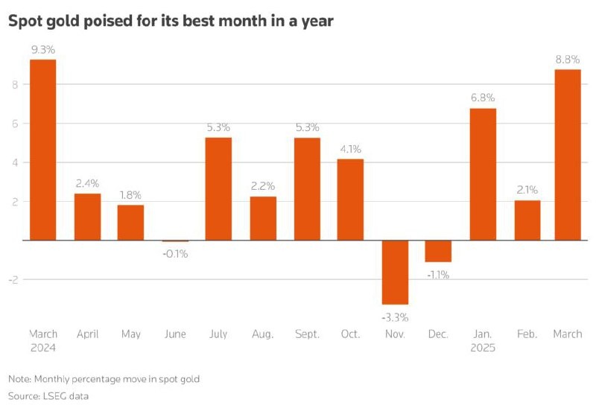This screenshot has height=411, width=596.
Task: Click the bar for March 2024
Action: click(43, 149)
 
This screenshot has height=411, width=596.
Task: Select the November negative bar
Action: click(395, 272)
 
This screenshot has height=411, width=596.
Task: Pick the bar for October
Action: click(351, 199)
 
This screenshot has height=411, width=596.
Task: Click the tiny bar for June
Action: click(175, 240)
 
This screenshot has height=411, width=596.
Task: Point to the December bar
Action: click(439, 251)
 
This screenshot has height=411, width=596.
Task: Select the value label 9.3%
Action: click(43, 49)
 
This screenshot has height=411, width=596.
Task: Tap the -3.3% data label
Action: click(395, 316)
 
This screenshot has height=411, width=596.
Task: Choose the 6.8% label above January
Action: click(483, 98)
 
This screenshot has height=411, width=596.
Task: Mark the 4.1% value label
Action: click(351, 149)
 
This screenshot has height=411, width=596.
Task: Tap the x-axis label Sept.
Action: click(307, 334)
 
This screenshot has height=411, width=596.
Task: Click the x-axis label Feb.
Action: click(527, 334)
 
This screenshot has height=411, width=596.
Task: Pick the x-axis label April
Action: click(87, 334)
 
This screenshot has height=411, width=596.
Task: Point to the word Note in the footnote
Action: click(20, 379)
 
